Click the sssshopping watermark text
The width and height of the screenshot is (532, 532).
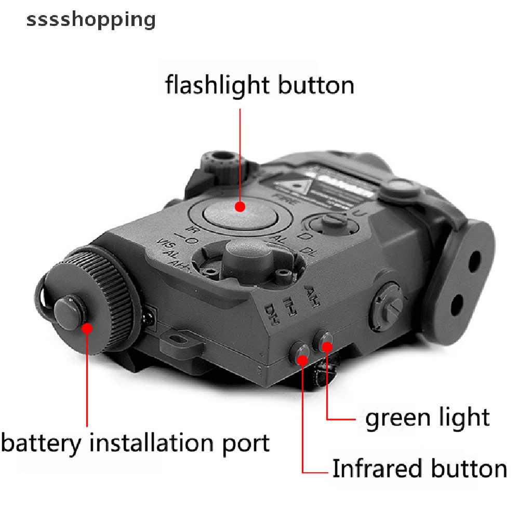pos(91,20)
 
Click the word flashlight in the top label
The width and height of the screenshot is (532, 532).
pos(218,84)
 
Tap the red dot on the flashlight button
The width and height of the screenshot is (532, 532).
pos(240,207)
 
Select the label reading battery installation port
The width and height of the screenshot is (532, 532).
pos(136,443)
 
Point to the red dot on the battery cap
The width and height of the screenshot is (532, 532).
pos(87,328)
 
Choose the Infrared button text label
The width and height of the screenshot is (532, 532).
pos(419,469)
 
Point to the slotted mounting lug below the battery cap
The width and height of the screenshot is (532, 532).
pos(179,340)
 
